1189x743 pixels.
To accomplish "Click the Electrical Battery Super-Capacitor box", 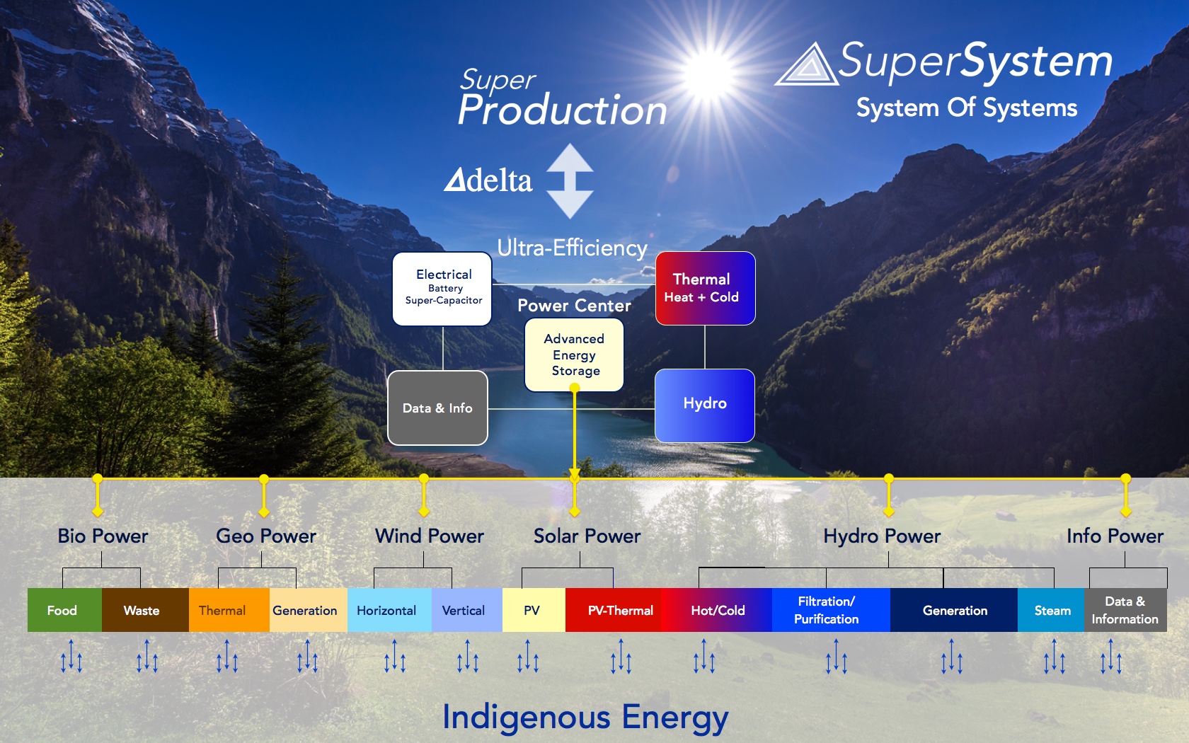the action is coord(442,289).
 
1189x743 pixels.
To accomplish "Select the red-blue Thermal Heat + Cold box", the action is coord(705,288).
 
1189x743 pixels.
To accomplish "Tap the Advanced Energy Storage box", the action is coord(574,355).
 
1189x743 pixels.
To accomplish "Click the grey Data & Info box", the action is coord(437,408).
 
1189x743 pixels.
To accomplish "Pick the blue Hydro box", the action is coord(704,405).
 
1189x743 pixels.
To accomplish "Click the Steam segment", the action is coord(1051,610).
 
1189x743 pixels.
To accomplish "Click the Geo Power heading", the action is coord(266,536).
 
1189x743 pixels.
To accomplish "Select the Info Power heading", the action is coord(1115,536).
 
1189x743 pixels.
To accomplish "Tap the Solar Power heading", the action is coord(587,536).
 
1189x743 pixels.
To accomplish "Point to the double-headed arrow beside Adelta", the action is coord(570,181).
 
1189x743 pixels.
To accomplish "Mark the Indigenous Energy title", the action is coord(585,717).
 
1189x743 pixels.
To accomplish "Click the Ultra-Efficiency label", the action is coord(572,248).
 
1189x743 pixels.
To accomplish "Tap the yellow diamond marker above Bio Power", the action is coord(97,512).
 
